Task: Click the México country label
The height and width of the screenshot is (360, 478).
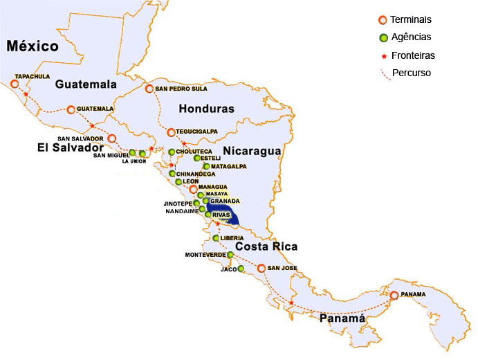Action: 33,47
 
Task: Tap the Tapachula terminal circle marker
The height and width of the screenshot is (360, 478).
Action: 15,84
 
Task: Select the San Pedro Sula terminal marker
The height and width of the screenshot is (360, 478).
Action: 149,89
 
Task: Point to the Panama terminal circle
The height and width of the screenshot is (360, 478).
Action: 394,295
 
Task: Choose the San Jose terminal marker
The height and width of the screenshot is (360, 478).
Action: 261,268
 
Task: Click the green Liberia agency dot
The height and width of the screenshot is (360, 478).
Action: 216,238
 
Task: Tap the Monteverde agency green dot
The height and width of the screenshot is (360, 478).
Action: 230,255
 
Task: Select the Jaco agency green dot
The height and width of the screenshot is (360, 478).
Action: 241,269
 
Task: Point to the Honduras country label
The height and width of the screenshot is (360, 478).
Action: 206,109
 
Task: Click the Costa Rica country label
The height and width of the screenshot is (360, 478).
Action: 266,246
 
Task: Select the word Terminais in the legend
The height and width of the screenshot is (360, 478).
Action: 410,20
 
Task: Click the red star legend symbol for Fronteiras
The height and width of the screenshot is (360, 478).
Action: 383,55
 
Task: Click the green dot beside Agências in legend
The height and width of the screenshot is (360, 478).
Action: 383,37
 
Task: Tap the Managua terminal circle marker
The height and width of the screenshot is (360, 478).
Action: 193,188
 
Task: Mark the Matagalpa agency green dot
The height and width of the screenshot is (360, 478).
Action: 206,167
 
